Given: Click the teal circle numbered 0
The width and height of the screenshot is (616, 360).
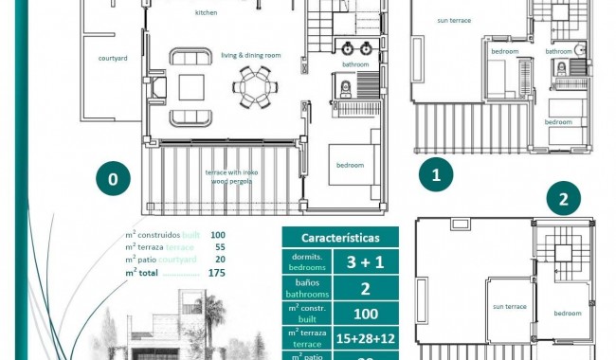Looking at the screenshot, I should [x=113, y=178].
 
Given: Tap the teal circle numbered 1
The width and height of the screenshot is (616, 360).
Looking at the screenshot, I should [x=436, y=174].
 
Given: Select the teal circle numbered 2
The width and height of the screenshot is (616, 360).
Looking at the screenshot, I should [x=564, y=199].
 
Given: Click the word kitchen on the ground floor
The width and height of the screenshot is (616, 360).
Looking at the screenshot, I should [x=206, y=13].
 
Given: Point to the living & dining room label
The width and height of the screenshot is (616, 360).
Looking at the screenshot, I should [x=251, y=55].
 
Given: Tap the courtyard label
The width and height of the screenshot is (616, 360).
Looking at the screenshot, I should [x=113, y=58].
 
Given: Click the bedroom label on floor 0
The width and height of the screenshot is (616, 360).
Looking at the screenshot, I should [x=350, y=165].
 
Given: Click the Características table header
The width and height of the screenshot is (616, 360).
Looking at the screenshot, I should [x=340, y=237].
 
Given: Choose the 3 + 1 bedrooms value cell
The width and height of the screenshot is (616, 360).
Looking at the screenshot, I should [x=365, y=261].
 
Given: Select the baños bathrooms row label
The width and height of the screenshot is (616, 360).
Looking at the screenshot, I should [x=307, y=288].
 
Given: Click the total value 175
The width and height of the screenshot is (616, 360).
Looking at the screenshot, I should [x=217, y=272].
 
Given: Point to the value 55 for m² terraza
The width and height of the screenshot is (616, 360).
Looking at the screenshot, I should [x=218, y=246].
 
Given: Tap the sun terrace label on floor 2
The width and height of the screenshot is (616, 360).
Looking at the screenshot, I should [x=509, y=306].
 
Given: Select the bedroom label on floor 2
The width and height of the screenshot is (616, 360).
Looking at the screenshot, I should [x=567, y=313].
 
